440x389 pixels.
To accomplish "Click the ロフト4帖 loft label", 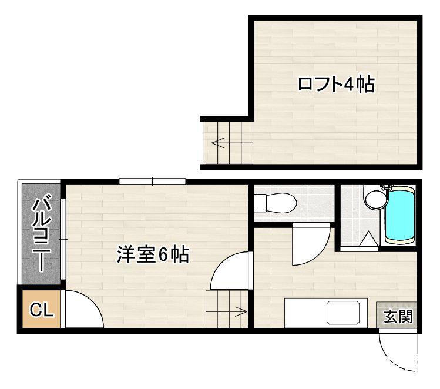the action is (x=336, y=83).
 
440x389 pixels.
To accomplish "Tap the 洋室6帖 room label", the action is (x=153, y=254).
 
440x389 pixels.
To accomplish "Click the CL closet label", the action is (x=42, y=310).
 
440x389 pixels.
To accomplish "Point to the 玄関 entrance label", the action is (x=398, y=316).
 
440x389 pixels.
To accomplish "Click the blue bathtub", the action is (x=400, y=214).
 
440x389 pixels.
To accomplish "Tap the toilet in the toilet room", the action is (x=275, y=203).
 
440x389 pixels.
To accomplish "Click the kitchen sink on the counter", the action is (x=343, y=312).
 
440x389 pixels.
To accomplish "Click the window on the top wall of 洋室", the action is (x=152, y=182).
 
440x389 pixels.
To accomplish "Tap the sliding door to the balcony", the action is (x=63, y=239).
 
